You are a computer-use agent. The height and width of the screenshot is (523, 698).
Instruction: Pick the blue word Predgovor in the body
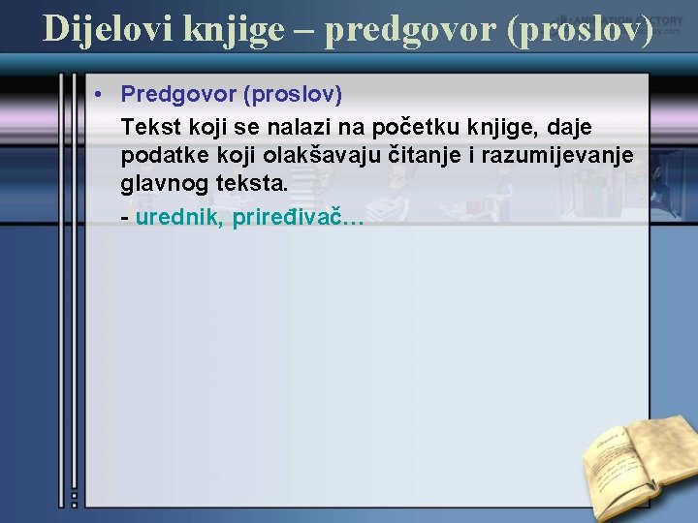[178, 95]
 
